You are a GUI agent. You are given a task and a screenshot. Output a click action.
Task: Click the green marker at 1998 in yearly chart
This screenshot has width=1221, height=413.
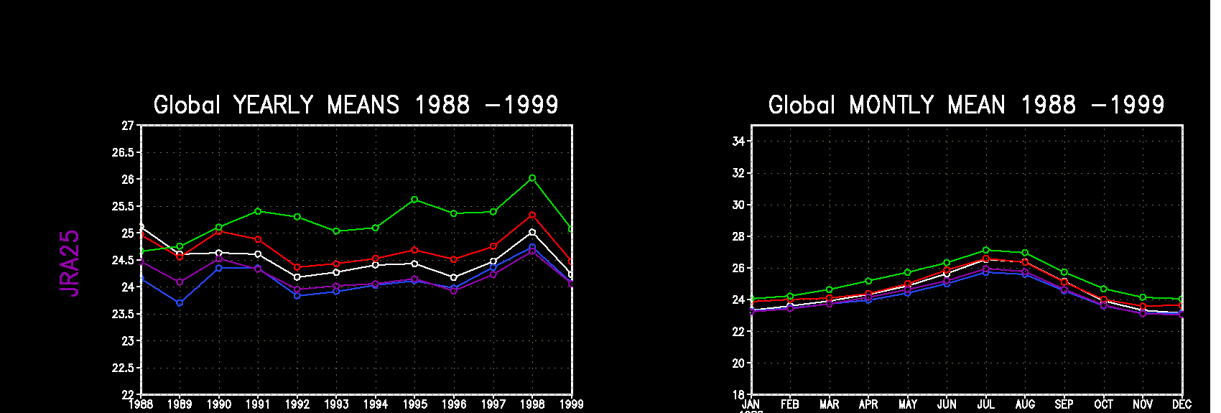pos(532,177)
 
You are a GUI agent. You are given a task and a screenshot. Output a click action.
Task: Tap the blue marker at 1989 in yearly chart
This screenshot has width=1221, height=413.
pos(180,303)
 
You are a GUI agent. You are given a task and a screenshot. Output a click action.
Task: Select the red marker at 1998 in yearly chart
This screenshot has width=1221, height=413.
pos(532,215)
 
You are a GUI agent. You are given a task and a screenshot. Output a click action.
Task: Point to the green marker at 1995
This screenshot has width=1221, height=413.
pos(414,200)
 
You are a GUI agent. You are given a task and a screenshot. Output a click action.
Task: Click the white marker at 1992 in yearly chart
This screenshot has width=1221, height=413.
pos(297,277)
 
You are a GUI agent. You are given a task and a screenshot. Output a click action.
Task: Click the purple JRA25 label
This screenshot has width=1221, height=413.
pos(70,263)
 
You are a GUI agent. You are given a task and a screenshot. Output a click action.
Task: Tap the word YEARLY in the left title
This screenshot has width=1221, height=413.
pos(273,106)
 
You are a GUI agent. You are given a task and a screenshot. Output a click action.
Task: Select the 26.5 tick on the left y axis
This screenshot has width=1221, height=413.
pos(123,152)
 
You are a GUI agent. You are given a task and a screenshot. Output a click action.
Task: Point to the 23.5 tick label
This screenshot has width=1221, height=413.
pos(123,314)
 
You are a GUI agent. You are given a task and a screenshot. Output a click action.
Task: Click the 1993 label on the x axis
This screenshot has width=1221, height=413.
pos(336,404)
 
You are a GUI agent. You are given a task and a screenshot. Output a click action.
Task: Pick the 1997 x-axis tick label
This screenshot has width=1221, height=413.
pos(493,404)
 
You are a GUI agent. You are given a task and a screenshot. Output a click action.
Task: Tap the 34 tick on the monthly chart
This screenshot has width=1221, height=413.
pos(738,141)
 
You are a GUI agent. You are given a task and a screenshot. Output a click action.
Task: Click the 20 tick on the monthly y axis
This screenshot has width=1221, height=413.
pos(738,363)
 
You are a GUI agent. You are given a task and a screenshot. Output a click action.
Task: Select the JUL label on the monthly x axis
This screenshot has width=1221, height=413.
pos(986,404)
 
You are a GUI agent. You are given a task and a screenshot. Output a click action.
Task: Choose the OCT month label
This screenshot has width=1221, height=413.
pos(1104,404)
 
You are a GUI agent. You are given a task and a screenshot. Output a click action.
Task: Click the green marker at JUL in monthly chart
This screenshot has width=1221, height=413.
pos(986,251)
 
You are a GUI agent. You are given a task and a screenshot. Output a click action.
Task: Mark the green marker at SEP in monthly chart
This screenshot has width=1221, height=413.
pos(1064,273)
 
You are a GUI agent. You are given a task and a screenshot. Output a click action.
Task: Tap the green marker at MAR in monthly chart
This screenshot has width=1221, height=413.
pos(830,290)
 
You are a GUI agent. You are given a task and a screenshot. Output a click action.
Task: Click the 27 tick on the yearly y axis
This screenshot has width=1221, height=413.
pos(128,126)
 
